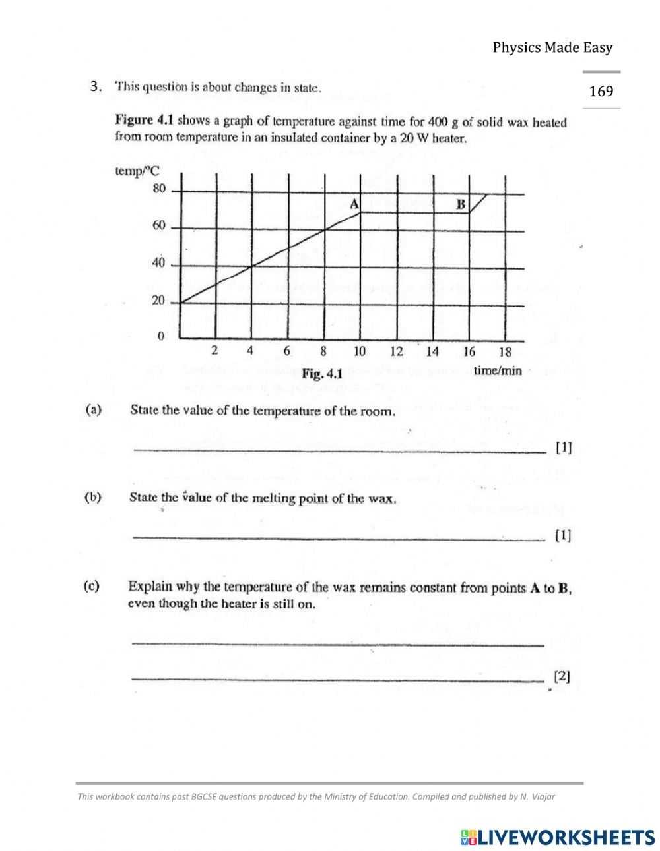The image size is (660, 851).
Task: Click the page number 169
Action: tap(601, 91)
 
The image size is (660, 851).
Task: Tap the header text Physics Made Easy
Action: tap(552, 47)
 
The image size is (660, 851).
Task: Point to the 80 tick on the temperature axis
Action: tap(159, 189)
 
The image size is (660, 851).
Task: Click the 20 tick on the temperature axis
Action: tap(159, 301)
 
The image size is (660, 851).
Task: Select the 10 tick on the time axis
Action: tap(359, 351)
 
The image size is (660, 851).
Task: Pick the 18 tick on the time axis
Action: tap(505, 351)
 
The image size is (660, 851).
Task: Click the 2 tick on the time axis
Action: tap(214, 351)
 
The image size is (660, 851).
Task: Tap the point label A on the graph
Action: tap(354, 204)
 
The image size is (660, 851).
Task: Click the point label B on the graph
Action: tap(461, 204)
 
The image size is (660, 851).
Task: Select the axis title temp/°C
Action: tap(137, 171)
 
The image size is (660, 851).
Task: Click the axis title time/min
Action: tap(498, 370)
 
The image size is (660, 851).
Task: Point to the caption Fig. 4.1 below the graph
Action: tap(322, 374)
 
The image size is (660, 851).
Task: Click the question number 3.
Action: tap(96, 86)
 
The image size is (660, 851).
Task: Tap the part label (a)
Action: tap(93, 409)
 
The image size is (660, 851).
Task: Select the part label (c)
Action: tap(92, 585)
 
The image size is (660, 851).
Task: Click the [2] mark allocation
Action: tap(562, 676)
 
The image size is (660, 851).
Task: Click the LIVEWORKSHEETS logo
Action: tap(556, 836)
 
